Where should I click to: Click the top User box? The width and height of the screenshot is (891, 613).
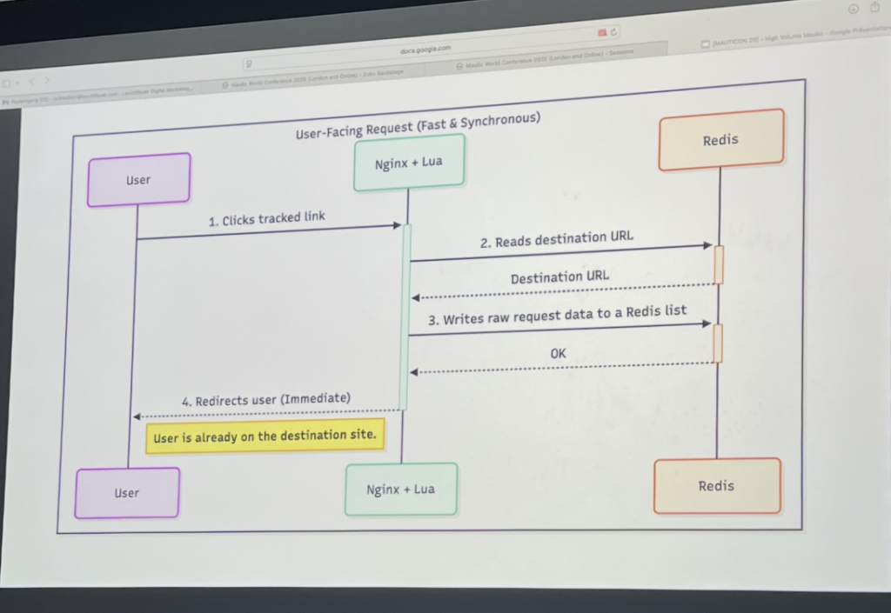point(138,180)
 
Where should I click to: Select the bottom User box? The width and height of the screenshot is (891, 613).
point(127,493)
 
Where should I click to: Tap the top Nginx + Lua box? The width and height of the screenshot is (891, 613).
point(408,163)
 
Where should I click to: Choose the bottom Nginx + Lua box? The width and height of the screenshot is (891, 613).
point(400,489)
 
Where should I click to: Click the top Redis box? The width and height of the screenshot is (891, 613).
point(720,139)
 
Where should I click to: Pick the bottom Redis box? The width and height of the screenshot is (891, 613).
point(716,486)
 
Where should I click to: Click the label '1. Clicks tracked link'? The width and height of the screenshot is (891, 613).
point(266,218)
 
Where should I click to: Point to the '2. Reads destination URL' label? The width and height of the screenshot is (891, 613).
point(556,239)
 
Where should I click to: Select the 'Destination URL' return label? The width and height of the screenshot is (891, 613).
point(559,277)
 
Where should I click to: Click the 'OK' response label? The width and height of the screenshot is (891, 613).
point(558,354)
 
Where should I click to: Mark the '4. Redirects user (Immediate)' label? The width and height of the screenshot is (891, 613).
point(266,400)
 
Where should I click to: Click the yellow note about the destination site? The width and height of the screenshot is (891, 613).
point(265,436)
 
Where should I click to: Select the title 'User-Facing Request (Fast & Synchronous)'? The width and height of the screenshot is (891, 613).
point(418,125)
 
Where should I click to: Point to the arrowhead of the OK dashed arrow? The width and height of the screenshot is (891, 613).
point(414,372)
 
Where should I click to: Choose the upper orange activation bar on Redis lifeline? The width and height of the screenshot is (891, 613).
point(719,264)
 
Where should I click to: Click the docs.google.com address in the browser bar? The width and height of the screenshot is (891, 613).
point(425,50)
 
